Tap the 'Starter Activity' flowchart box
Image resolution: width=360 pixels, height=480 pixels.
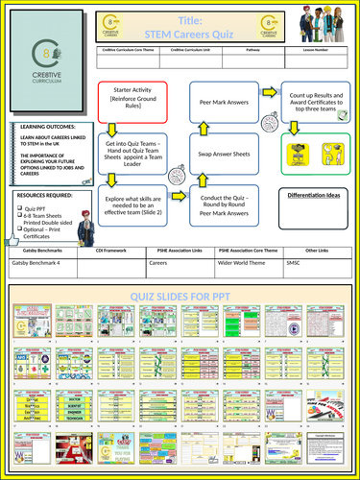pos(133,103)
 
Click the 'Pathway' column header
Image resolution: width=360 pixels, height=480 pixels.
pos(253,57)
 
